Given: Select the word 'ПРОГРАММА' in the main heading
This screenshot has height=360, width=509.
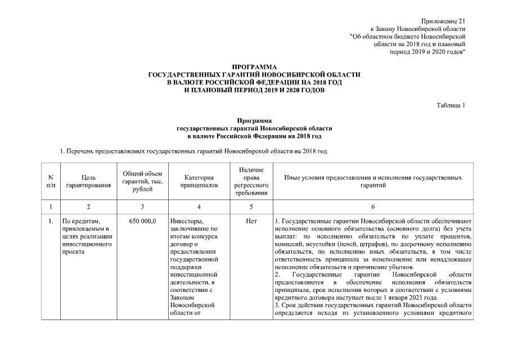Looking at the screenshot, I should click(x=254, y=67).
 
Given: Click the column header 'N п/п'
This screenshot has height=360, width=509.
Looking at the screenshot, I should click(x=51, y=181).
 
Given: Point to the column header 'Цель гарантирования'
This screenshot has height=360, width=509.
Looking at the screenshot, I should click(x=87, y=181).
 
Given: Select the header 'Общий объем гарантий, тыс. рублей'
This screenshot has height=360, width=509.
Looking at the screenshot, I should click(x=142, y=181).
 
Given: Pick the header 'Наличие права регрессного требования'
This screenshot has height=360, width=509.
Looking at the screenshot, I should click(x=251, y=181).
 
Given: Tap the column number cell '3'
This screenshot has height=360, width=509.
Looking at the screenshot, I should click(x=142, y=207).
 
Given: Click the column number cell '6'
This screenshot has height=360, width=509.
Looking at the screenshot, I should click(x=373, y=207).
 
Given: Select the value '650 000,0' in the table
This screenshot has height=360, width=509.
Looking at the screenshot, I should click(x=142, y=222).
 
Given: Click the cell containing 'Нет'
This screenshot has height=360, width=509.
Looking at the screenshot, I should click(x=251, y=222).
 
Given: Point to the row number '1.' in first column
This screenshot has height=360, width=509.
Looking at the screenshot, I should click(x=51, y=222).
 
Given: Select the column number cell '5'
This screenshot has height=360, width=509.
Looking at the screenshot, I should click(x=251, y=207).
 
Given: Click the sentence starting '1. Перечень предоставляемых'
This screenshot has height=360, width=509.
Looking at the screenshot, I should click(x=193, y=151).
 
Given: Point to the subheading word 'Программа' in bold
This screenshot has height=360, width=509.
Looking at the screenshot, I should click(x=254, y=121).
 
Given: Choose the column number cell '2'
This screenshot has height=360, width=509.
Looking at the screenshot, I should click(x=87, y=207).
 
